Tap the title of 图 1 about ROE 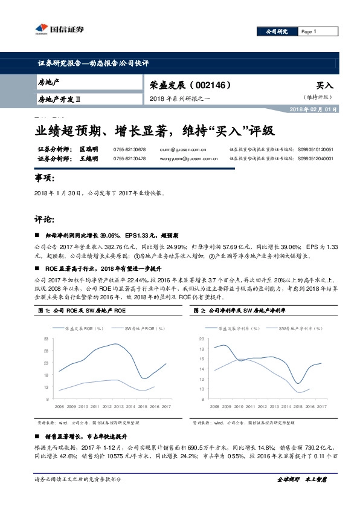(82, 311)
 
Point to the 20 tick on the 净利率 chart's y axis (202, 340)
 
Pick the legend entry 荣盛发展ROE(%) (88, 328)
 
